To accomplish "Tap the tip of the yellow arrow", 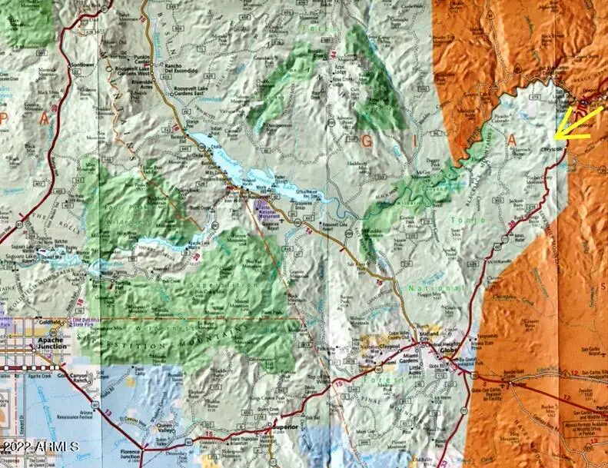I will point(555,140).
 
